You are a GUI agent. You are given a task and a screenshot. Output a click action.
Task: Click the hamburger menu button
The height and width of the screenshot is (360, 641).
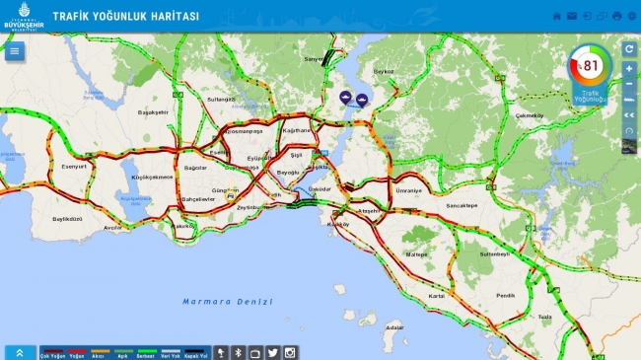pyautogui.click(x=14, y=51)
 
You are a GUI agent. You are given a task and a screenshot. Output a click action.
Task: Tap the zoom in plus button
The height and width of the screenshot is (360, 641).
pyautogui.click(x=629, y=69)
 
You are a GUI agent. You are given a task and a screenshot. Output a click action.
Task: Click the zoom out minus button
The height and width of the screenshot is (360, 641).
pyautogui.click(x=629, y=83)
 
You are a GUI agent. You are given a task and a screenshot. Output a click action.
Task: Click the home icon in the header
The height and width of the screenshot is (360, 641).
pyautogui.click(x=556, y=17)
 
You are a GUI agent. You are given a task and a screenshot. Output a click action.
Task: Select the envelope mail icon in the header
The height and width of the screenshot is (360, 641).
pyautogui.click(x=572, y=17)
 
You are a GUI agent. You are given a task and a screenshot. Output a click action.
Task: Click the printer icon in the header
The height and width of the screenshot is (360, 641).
pyautogui.click(x=616, y=17)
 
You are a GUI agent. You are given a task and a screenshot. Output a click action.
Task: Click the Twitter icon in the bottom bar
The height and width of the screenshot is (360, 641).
pyautogui.click(x=273, y=352)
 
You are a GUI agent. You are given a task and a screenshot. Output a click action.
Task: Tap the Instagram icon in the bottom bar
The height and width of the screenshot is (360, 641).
pyautogui.click(x=290, y=352)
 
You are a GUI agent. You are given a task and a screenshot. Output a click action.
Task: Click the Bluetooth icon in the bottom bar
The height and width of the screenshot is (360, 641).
pyautogui.click(x=238, y=352)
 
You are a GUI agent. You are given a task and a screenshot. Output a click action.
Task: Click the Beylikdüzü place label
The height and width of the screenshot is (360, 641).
pyautogui.click(x=68, y=218)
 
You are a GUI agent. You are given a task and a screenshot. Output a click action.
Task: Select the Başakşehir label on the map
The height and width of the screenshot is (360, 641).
pyautogui.click(x=154, y=112)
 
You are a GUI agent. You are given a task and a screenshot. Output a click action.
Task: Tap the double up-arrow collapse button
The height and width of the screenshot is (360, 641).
pyautogui.click(x=20, y=352)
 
